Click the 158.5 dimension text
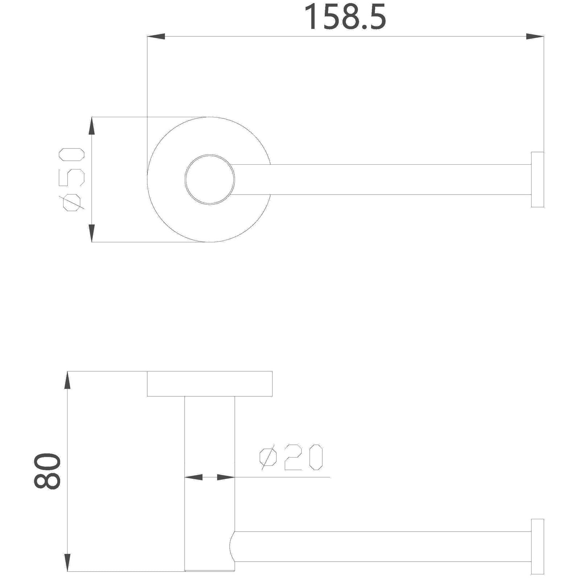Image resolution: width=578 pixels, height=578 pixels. click(345, 17)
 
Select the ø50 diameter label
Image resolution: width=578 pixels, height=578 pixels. click(74, 180)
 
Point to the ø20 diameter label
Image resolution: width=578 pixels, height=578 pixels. click(291, 458)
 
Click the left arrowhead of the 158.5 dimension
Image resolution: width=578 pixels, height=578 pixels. click(156, 37)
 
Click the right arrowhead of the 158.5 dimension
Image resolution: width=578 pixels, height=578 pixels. click(534, 37)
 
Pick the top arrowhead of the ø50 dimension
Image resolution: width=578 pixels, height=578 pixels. click(92, 126)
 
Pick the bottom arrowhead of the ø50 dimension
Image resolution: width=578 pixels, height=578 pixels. click(92, 233)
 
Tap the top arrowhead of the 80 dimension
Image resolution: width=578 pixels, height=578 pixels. click(67, 381)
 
